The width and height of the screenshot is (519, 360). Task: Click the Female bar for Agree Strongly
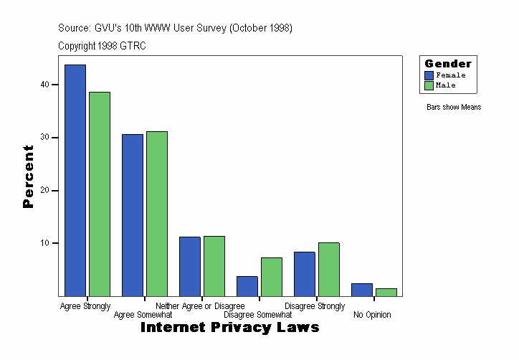pos(75,180)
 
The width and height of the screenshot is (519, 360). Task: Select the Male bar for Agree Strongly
pos(100,194)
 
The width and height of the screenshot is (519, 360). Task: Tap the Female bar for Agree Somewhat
pos(133,214)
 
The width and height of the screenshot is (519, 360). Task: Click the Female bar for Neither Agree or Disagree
pos(190,266)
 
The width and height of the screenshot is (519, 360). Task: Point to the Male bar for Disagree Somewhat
pos(272,276)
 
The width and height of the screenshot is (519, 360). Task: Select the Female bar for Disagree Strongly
pos(305,273)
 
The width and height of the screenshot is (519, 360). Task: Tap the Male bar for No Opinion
pos(386,292)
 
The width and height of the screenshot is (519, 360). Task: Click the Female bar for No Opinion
pos(362,289)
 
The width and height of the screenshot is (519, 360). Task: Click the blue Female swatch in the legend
pos(429,75)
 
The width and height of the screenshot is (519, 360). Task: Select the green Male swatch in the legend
pos(429,85)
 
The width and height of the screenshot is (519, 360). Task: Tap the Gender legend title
pos(448,64)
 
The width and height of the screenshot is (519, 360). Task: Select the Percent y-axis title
pos(29,176)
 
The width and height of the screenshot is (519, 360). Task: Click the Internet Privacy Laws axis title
pos(229,328)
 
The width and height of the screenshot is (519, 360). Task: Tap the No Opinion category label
pos(372,315)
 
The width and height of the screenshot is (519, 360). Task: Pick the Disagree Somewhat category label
pos(257,315)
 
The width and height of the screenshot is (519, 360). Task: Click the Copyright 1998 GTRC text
pos(103,46)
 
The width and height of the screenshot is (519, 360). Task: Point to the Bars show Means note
pos(454,108)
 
